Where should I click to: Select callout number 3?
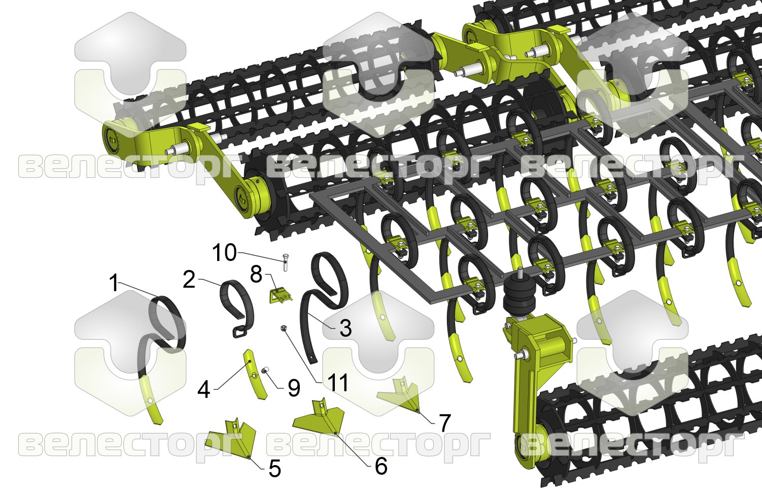point(345,328)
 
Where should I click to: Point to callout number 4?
point(204,389)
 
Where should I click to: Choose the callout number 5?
point(274,469)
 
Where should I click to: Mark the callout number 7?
point(445,422)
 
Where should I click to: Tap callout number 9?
point(294,388)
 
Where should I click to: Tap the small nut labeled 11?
point(283,328)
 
